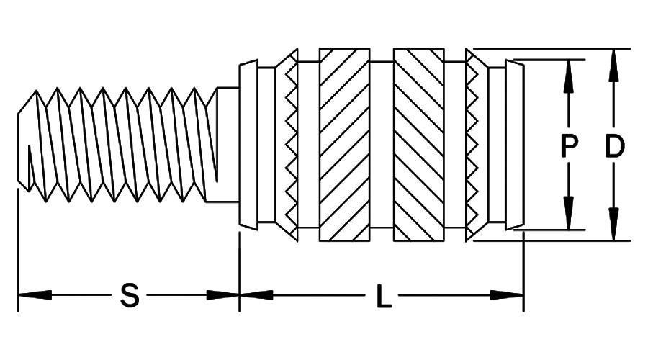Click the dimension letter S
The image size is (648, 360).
click(130, 295)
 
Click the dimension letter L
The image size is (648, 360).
click(384, 295)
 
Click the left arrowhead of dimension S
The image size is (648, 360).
click(35, 295)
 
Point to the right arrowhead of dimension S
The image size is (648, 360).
click(223, 295)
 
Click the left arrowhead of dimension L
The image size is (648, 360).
click(256, 295)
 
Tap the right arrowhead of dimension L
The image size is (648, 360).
click(507, 295)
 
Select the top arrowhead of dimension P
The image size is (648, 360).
click(569, 76)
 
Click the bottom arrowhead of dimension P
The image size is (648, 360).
click(569, 212)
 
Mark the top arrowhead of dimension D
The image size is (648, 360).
click(614, 66)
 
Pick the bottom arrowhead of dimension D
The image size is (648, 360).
click(614, 224)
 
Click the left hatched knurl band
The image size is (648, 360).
click(345, 145)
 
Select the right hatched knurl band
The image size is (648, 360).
click(419, 145)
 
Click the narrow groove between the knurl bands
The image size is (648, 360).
click(382, 145)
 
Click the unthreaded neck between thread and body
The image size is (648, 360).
click(228, 145)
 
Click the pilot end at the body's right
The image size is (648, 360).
click(515, 145)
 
